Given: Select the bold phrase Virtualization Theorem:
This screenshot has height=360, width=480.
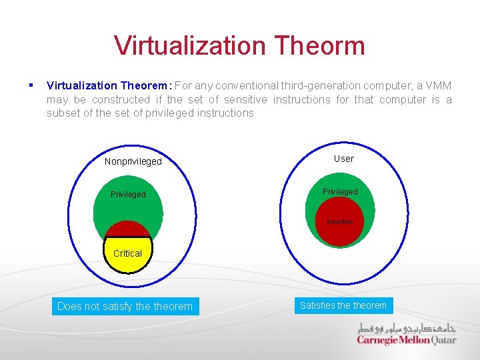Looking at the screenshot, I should pos(109,85).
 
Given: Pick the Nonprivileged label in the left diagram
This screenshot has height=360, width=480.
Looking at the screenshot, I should pos(133,161).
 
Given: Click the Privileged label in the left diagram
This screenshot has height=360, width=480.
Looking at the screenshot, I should pos(127,195).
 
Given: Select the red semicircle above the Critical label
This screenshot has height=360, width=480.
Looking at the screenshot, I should pos(127,230).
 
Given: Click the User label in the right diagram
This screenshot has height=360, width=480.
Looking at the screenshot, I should pos(343,159).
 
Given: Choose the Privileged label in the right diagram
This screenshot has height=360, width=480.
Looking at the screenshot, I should pos(340,192).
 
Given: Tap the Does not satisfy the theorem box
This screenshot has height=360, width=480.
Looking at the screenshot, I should pos(125,306).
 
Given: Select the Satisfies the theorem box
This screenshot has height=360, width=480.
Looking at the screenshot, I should pos(343,305).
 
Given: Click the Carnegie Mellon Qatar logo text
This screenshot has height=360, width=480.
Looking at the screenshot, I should pos(406,340).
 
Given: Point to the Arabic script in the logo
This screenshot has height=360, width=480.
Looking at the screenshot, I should pos(407,328).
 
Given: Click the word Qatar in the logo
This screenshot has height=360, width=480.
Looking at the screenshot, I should pos(444,340).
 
